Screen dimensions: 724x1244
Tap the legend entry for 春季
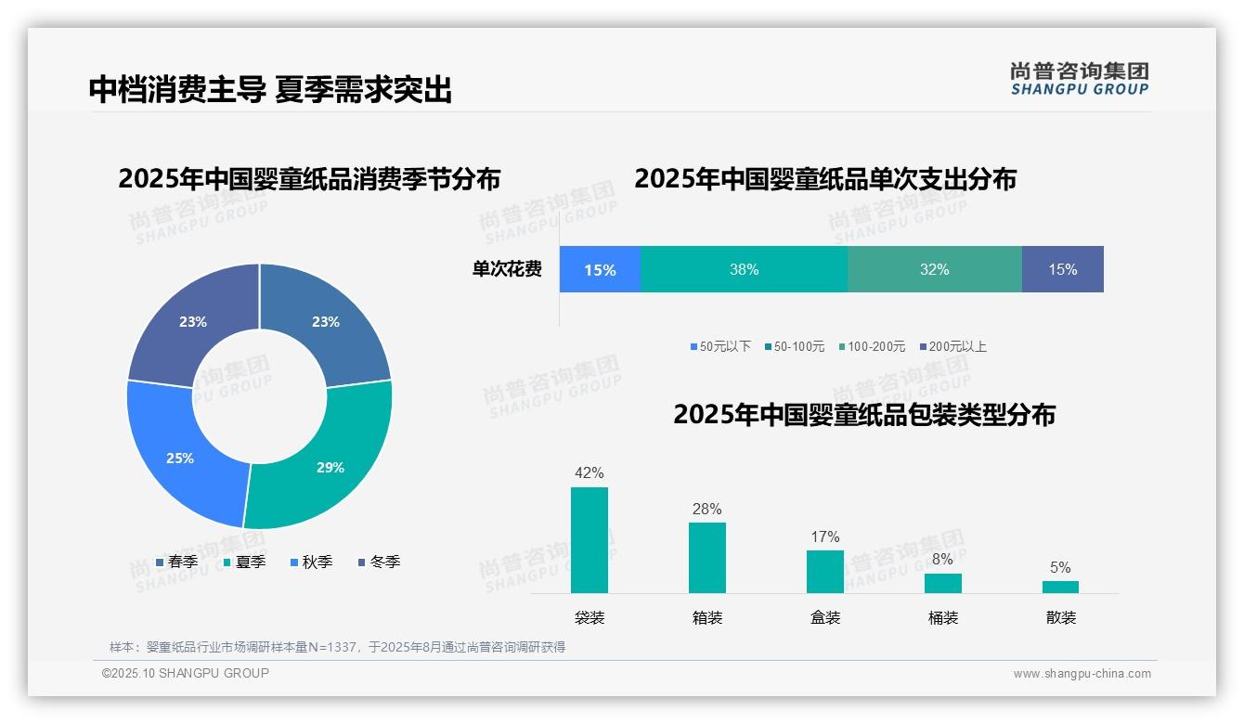(x=176, y=562)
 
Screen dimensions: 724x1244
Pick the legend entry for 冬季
(x=378, y=562)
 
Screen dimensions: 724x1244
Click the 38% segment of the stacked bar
(x=744, y=269)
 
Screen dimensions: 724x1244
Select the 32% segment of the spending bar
(x=934, y=269)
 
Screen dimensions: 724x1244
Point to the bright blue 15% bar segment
(x=600, y=269)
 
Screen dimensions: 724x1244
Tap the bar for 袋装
(x=589, y=539)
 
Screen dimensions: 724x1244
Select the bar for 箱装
(x=706, y=557)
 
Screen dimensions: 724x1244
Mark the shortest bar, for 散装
(x=1060, y=587)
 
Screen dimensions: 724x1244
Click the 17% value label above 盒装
(x=824, y=537)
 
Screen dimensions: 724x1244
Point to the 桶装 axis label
(x=942, y=617)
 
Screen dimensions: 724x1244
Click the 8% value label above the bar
(x=942, y=560)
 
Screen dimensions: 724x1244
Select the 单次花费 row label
(x=507, y=269)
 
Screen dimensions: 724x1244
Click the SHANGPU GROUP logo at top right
(x=1079, y=79)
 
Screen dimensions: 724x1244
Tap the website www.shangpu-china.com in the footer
(x=1082, y=674)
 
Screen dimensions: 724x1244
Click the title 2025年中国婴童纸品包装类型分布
(x=863, y=414)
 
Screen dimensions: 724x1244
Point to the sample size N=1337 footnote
(x=337, y=647)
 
